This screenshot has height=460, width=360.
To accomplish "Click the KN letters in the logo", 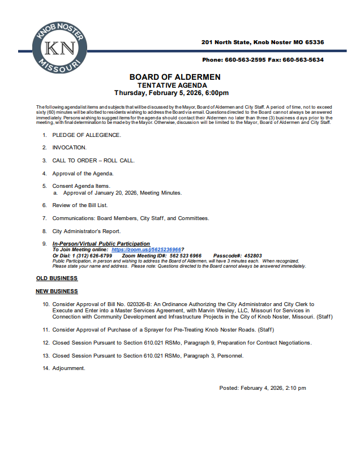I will click(x=60, y=48).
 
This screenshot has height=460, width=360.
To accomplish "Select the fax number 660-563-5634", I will click(x=303, y=60).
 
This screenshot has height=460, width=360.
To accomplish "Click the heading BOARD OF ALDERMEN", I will click(x=175, y=77).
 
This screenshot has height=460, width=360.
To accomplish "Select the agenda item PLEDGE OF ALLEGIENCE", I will click(x=87, y=135).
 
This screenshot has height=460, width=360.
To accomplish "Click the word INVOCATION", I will click(x=70, y=148).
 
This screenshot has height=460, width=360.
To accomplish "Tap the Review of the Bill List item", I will click(x=80, y=205).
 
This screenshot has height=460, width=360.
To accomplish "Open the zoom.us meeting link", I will click(x=147, y=250).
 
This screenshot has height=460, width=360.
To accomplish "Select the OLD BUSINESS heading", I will click(x=57, y=278).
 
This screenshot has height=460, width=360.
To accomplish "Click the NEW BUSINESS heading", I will click(x=57, y=291).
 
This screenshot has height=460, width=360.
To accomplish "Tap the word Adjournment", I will click(x=68, y=368).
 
